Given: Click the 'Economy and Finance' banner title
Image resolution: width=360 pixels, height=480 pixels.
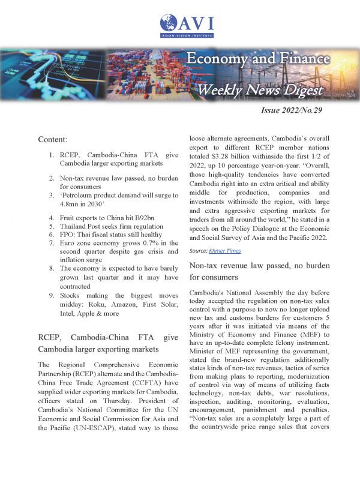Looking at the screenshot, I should click(x=257, y=59).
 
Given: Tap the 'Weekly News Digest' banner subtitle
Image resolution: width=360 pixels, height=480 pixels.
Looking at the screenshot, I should click(x=260, y=89).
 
